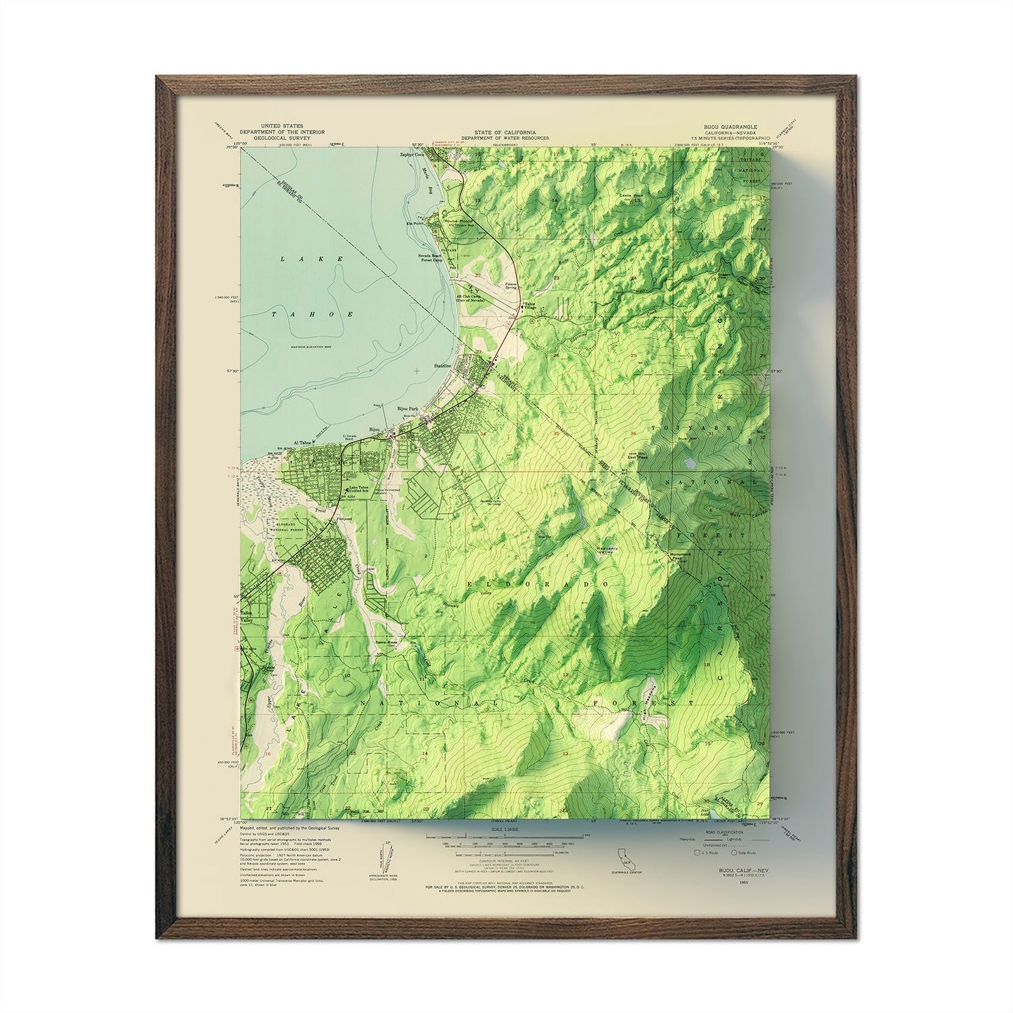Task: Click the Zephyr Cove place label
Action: pyautogui.click(x=414, y=154)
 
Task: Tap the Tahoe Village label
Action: pyautogui.click(x=531, y=306)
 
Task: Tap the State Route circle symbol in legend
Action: pyautogui.click(x=734, y=852)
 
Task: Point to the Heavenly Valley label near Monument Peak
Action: pyautogui.click(x=604, y=551)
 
